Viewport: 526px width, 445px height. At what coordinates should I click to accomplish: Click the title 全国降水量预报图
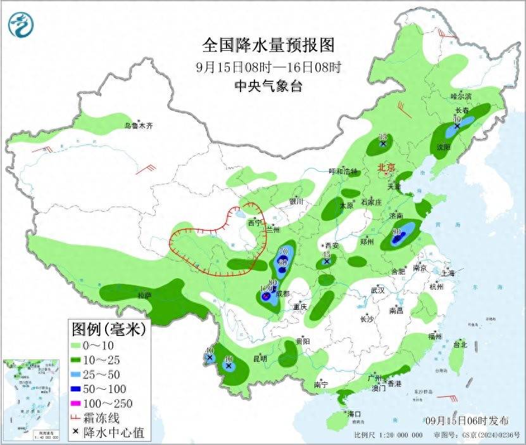click(x=268, y=46)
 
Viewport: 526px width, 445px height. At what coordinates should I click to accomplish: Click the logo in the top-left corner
click(x=20, y=25)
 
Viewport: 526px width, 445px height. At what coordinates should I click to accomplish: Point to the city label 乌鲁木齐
click(x=138, y=126)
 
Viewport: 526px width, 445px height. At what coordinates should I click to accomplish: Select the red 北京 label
click(x=386, y=168)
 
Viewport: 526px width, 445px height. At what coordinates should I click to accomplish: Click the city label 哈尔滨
click(x=461, y=96)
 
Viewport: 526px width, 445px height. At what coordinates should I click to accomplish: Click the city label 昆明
click(x=260, y=359)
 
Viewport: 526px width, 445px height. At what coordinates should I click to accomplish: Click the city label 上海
click(x=448, y=273)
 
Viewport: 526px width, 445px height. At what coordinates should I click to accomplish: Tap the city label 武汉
click(x=378, y=290)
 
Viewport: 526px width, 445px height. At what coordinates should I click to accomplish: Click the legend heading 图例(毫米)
click(x=108, y=329)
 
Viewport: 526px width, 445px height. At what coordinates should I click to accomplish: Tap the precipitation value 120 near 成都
click(x=266, y=289)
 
